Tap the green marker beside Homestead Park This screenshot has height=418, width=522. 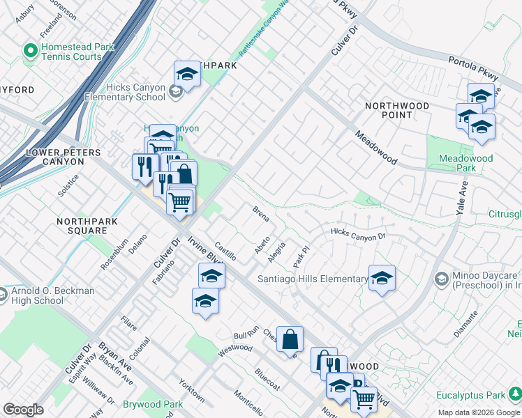[30, 51]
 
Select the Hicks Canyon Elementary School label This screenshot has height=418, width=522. [121, 92]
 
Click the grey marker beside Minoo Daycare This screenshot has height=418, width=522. [441, 279]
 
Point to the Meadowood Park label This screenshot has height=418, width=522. [466, 163]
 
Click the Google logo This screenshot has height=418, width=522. [23, 410]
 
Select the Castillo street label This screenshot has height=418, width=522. [225, 251]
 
